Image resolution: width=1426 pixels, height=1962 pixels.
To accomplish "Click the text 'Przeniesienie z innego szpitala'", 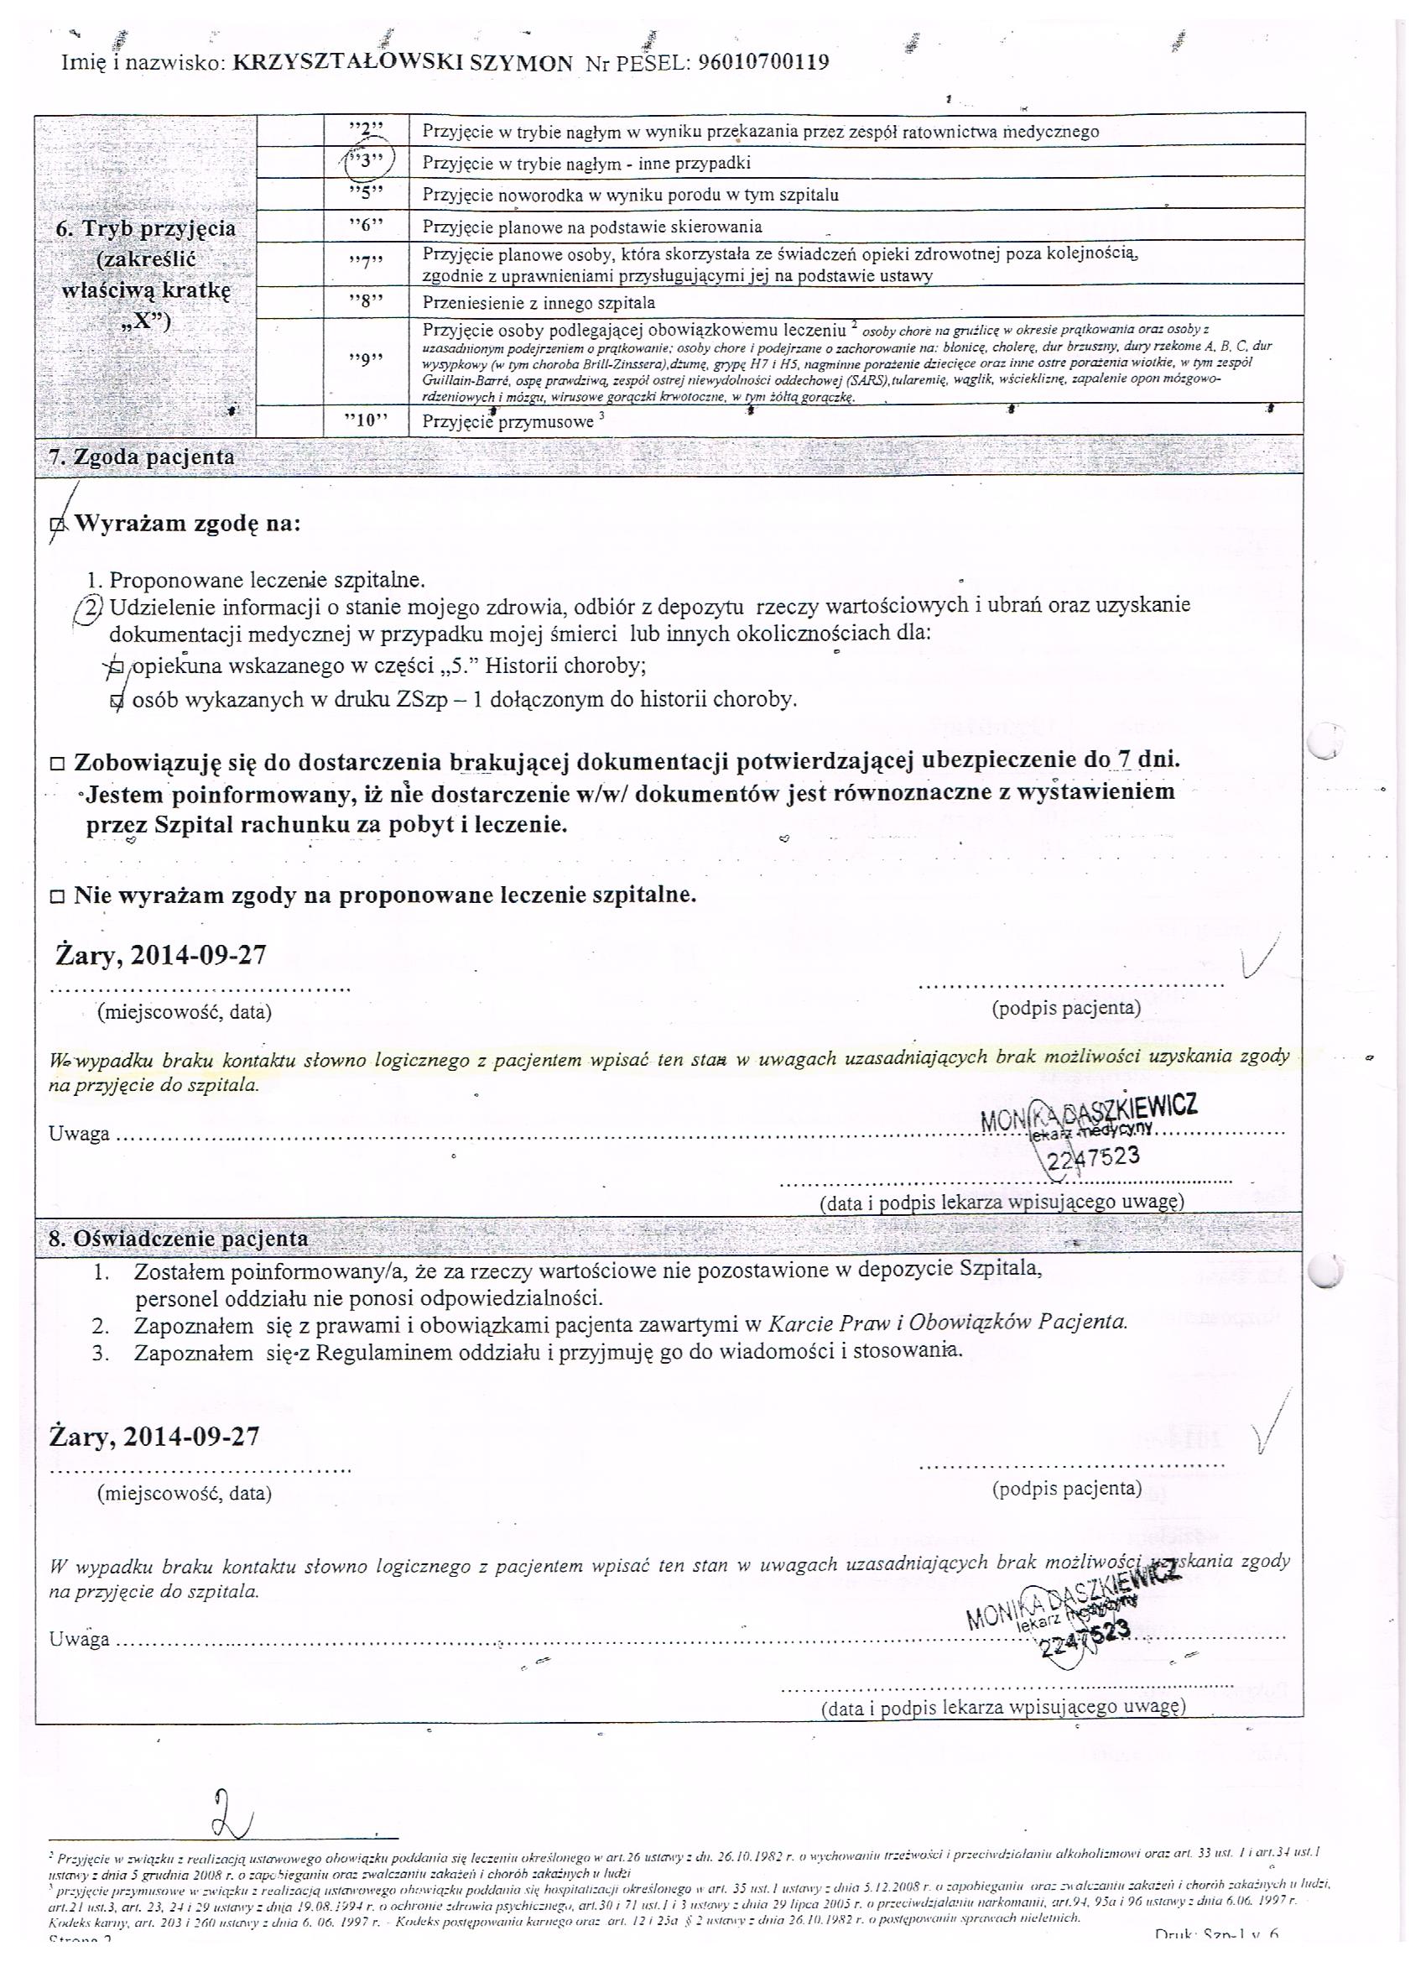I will pos(539,303).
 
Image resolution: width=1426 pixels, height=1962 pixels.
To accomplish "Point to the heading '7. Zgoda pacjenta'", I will pos(141,457).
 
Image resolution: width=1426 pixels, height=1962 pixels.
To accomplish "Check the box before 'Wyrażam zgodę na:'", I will pos(58,524).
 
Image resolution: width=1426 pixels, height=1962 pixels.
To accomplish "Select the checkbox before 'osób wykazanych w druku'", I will pos(117,702).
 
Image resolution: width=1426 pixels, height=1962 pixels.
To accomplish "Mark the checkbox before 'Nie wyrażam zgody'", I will pos(58,897).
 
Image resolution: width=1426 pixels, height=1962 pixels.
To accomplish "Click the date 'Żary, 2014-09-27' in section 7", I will pos(161,956).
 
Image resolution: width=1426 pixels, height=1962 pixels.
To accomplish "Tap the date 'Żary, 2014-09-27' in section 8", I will pos(156,1437).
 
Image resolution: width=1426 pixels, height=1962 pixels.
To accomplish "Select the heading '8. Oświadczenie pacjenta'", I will pos(178,1238).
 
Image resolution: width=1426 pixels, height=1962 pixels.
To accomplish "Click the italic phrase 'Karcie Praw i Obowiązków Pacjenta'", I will pos(948,1323).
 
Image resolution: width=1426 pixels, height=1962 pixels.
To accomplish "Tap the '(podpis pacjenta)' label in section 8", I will pos(1067,1488).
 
